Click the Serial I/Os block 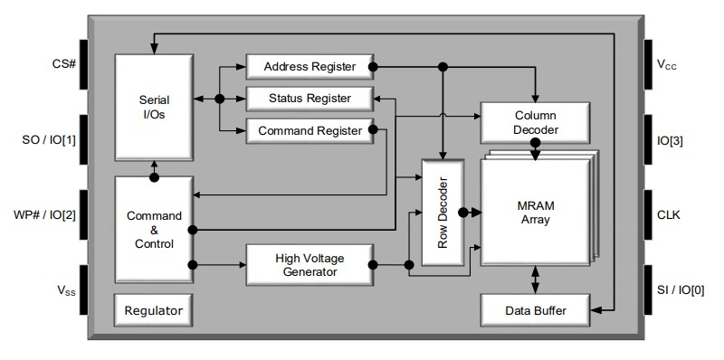(153, 108)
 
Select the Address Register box (309, 67)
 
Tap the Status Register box (309, 98)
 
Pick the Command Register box (309, 131)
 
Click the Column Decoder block (535, 123)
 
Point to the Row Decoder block (443, 212)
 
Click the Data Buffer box (535, 310)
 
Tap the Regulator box (153, 310)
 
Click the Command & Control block (153, 230)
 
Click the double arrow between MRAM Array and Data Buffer (535, 278)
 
